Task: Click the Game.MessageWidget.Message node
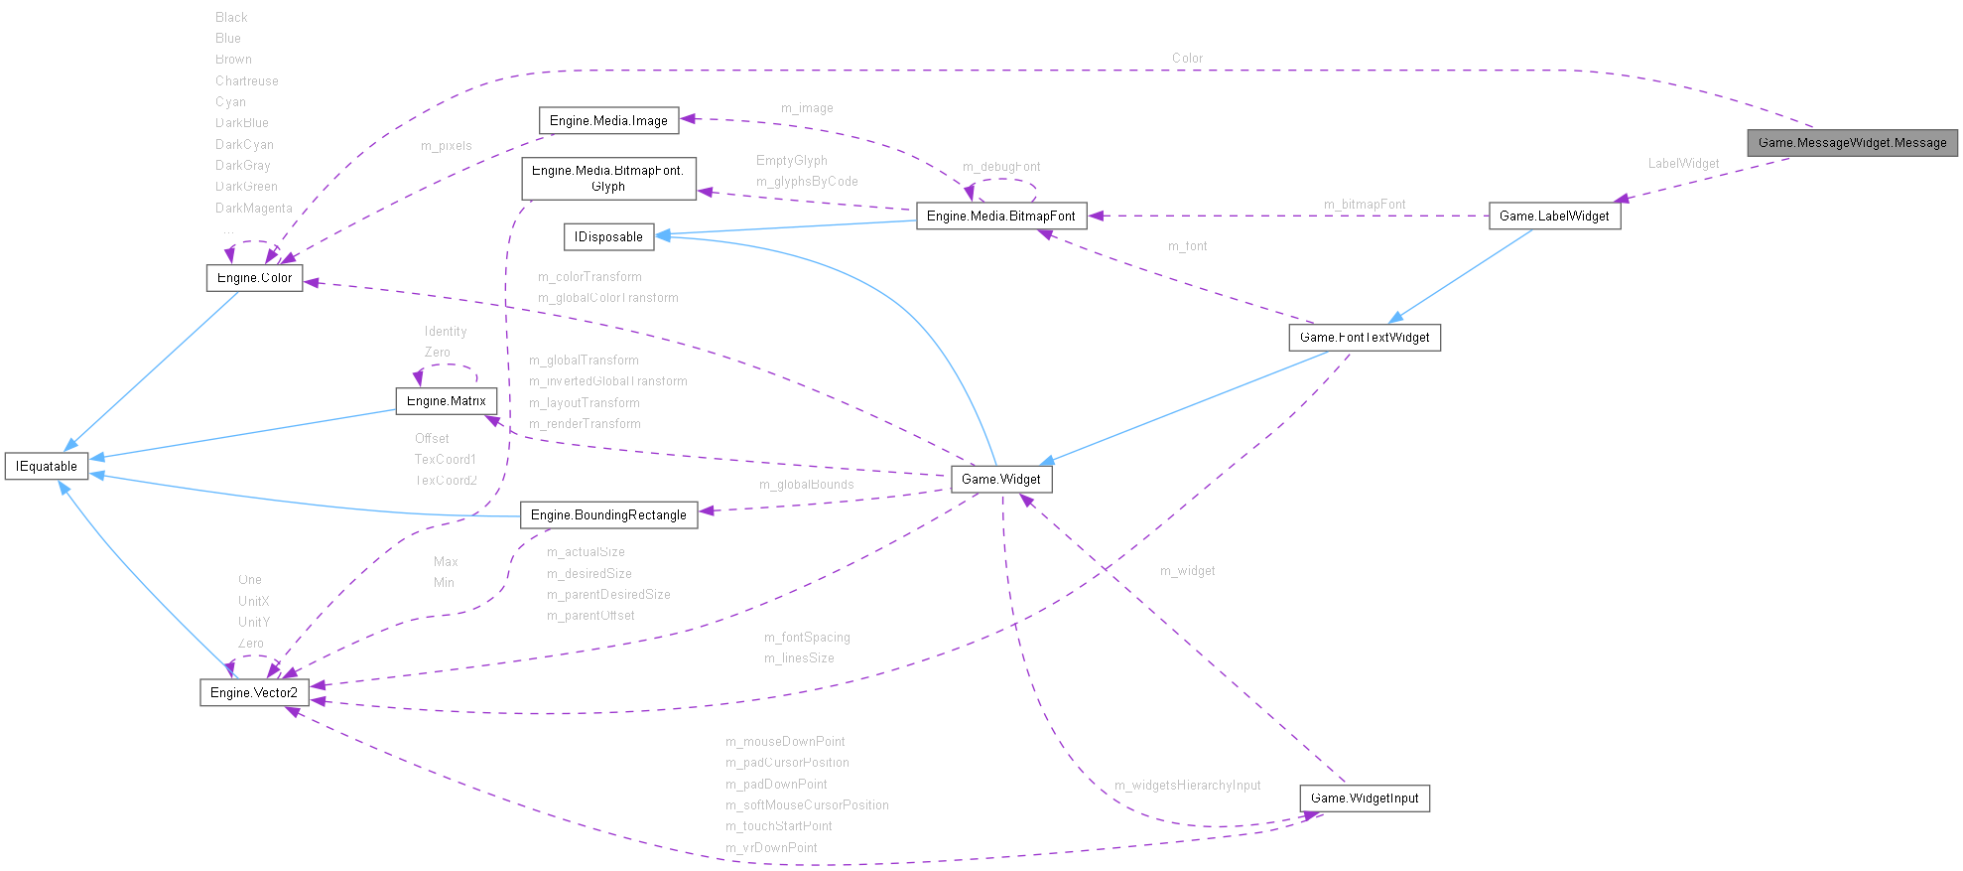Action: click(x=1852, y=143)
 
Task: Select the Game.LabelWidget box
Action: click(x=1554, y=217)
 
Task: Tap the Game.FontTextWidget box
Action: click(x=1365, y=338)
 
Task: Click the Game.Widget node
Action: click(x=1000, y=480)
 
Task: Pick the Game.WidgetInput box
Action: click(x=1365, y=798)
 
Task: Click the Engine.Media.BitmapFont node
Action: click(x=1000, y=217)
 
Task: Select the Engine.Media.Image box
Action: click(x=608, y=121)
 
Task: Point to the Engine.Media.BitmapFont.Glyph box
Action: click(x=608, y=179)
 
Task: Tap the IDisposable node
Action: click(x=608, y=237)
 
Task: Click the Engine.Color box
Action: click(x=254, y=278)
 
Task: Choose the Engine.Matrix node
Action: click(x=446, y=401)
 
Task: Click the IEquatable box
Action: click(x=47, y=467)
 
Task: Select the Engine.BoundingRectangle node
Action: click(x=608, y=515)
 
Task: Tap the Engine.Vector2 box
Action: click(x=254, y=693)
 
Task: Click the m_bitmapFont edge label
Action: click(x=1365, y=205)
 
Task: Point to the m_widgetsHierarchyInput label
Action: click(x=1187, y=786)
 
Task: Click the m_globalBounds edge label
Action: click(x=806, y=485)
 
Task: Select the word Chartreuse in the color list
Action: click(x=246, y=81)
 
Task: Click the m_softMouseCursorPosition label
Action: click(x=807, y=805)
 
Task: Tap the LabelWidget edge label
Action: click(x=1683, y=164)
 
